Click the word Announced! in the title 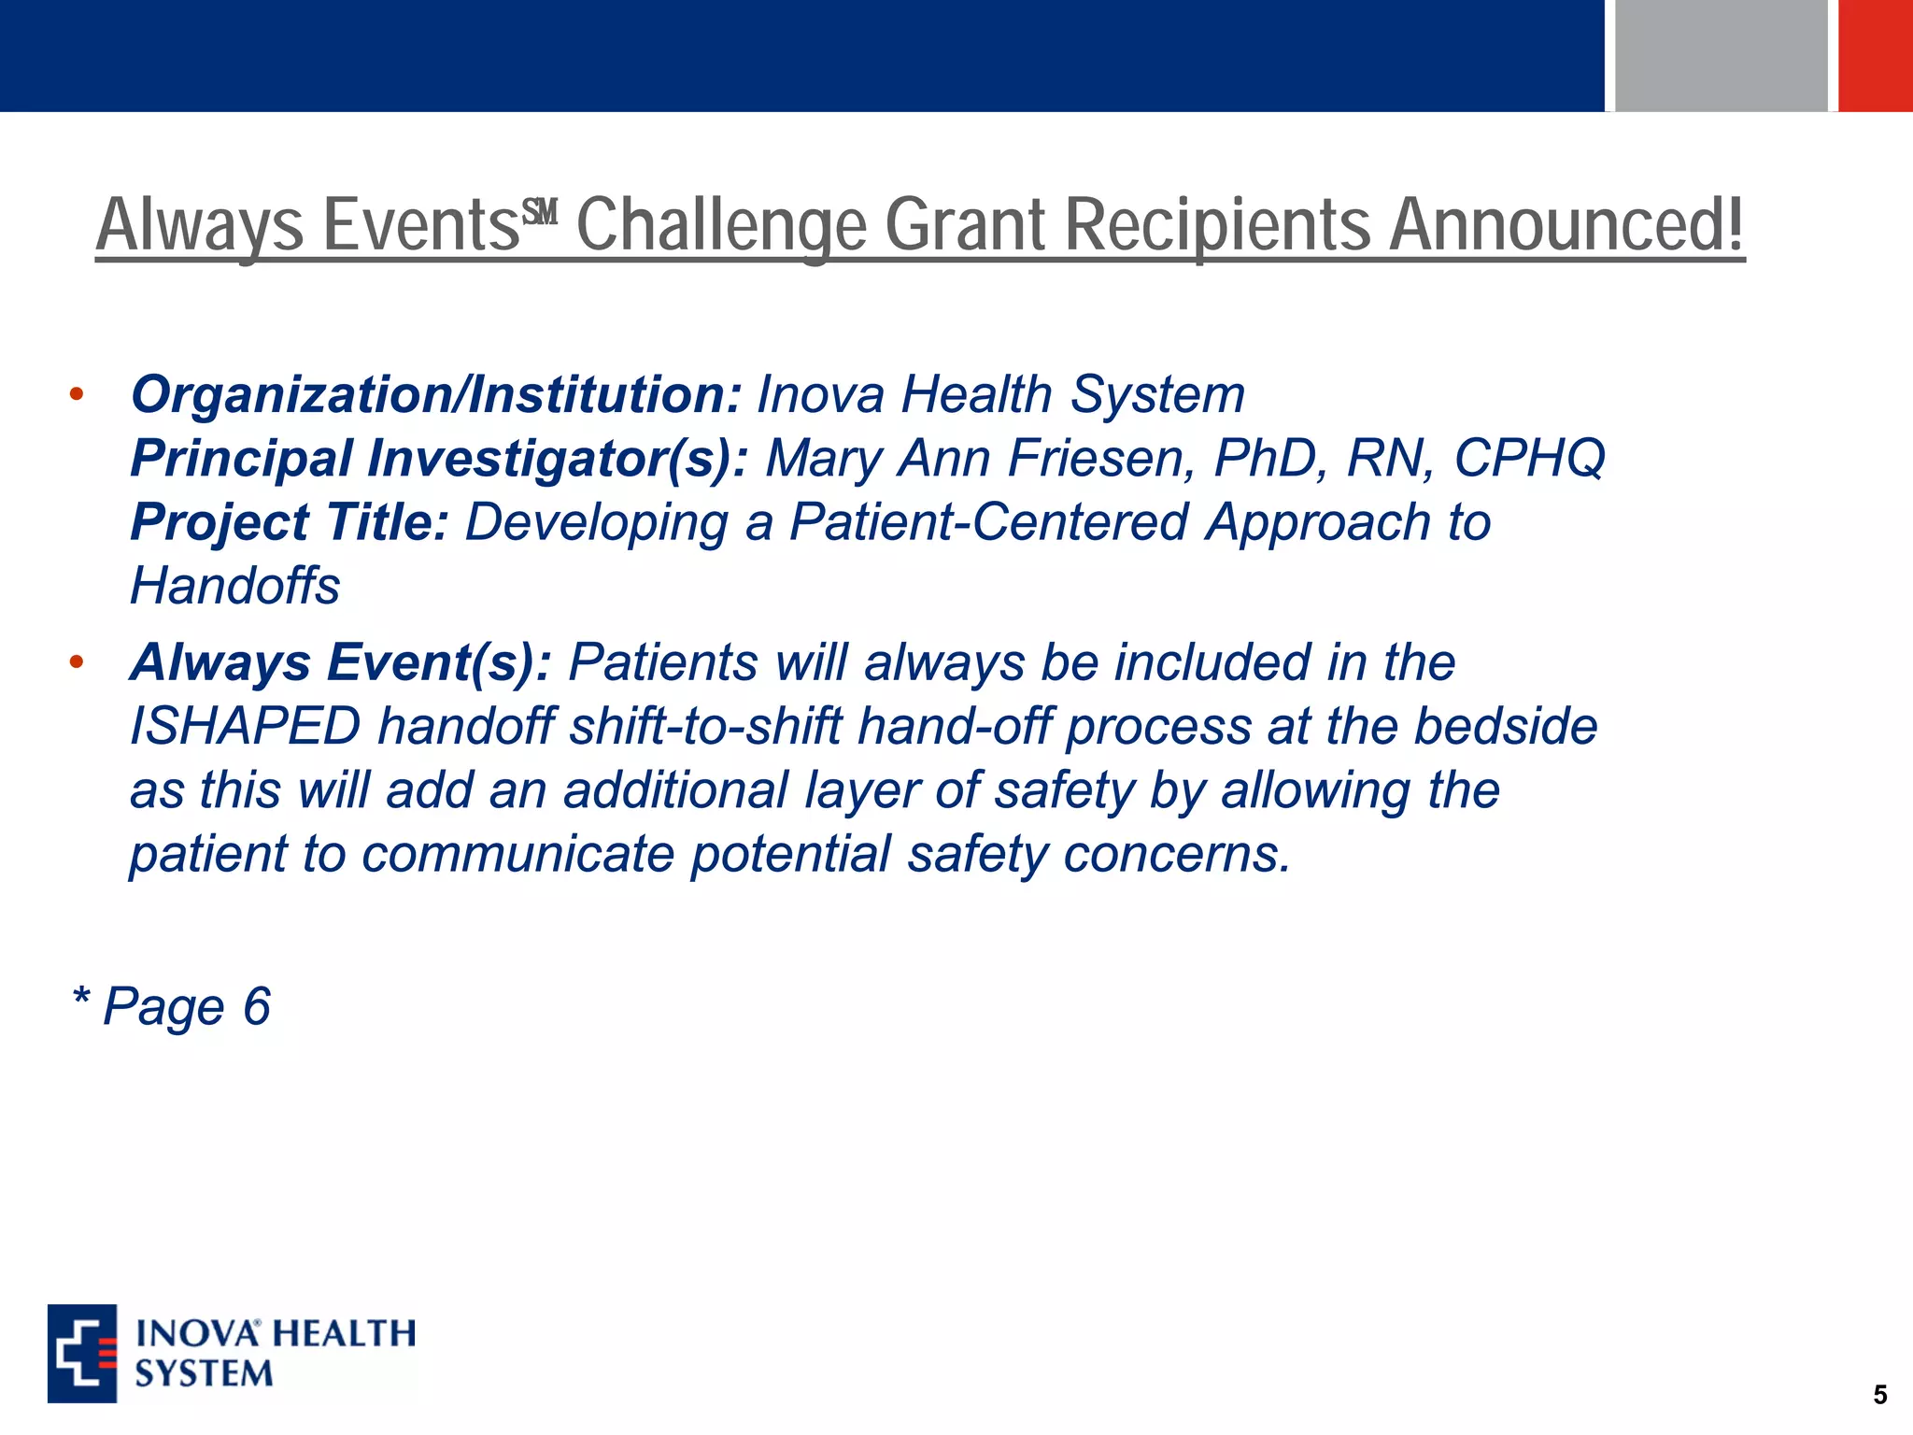1566,226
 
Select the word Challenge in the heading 721,226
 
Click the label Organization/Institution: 435,394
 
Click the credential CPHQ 1528,459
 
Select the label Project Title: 290,522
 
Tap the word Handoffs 234,587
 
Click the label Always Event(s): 340,662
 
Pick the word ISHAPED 245,727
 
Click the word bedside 1504,727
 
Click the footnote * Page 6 172,1007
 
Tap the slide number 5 1879,1395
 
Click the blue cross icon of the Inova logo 82,1353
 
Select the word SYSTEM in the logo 204,1374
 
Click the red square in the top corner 1876,55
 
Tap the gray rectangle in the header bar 1720,55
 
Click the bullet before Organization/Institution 77,395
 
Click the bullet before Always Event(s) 77,663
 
